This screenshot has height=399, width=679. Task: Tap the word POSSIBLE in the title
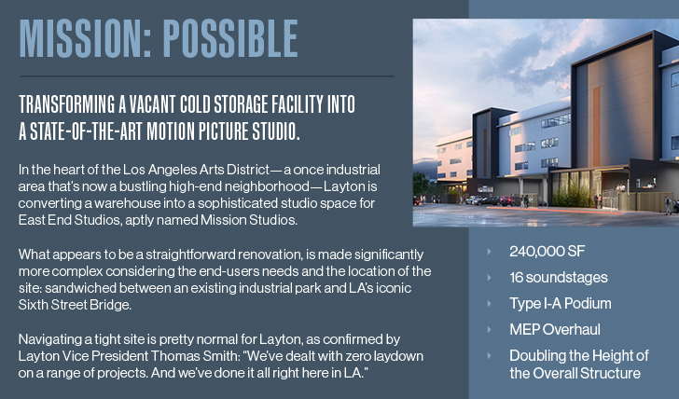pos(230,39)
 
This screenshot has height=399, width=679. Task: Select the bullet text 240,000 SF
pos(547,252)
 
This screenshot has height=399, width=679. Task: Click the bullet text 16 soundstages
pos(559,278)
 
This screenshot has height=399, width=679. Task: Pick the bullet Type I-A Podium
pos(561,303)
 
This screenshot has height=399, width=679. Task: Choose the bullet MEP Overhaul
pos(555,329)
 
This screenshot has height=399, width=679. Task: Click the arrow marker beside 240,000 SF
pos(490,252)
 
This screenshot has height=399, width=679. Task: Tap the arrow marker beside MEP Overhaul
pos(490,329)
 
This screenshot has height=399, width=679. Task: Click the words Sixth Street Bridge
pos(75,305)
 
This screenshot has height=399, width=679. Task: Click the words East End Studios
pos(69,220)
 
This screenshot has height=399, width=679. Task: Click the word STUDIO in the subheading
pos(276,131)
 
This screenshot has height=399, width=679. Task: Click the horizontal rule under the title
pos(207,76)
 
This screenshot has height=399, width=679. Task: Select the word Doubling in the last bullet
pos(537,356)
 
